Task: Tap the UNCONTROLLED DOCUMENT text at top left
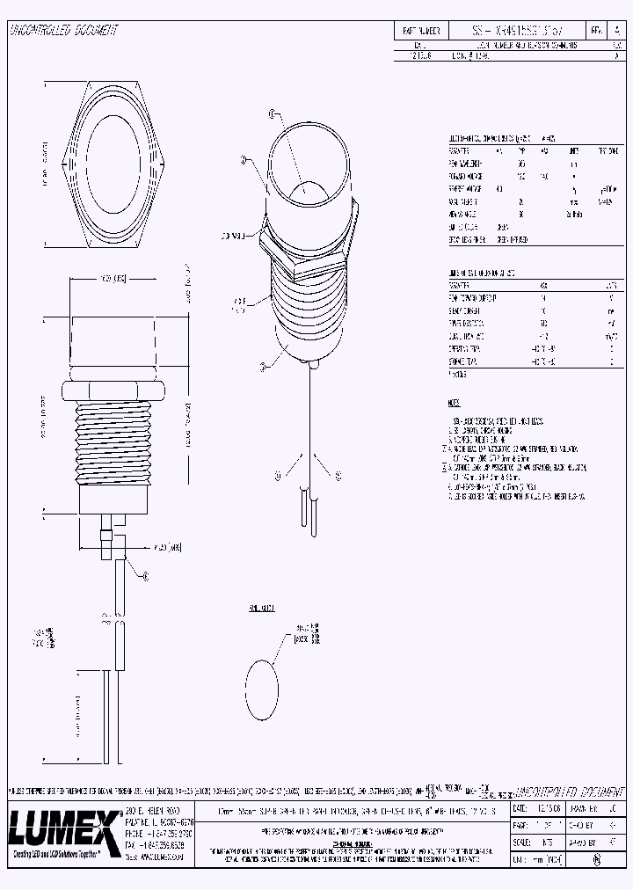pos(63,30)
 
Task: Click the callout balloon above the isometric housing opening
pos(272,114)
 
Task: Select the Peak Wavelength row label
pos(466,164)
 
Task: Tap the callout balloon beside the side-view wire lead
pos(146,576)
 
